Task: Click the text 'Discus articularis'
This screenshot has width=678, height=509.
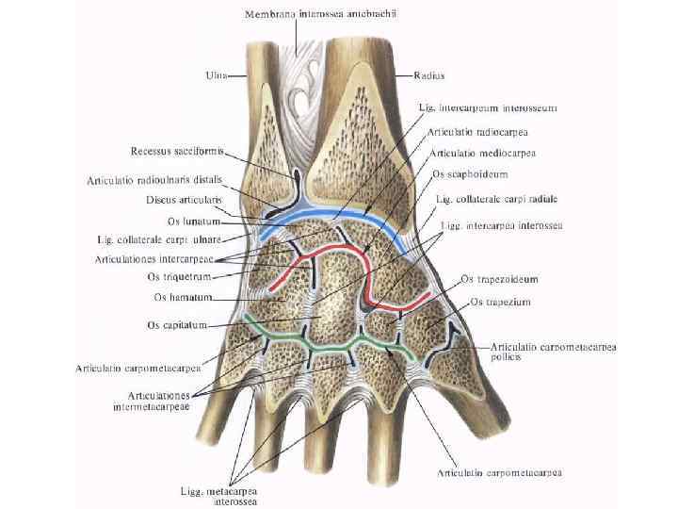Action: (x=184, y=200)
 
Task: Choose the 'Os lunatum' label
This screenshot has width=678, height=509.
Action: (x=193, y=222)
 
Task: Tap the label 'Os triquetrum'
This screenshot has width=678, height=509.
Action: (x=179, y=277)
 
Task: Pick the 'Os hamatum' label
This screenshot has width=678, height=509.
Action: (x=183, y=298)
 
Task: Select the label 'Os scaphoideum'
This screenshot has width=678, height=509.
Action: (x=470, y=174)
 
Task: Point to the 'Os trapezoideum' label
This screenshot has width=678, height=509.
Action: (x=499, y=280)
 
